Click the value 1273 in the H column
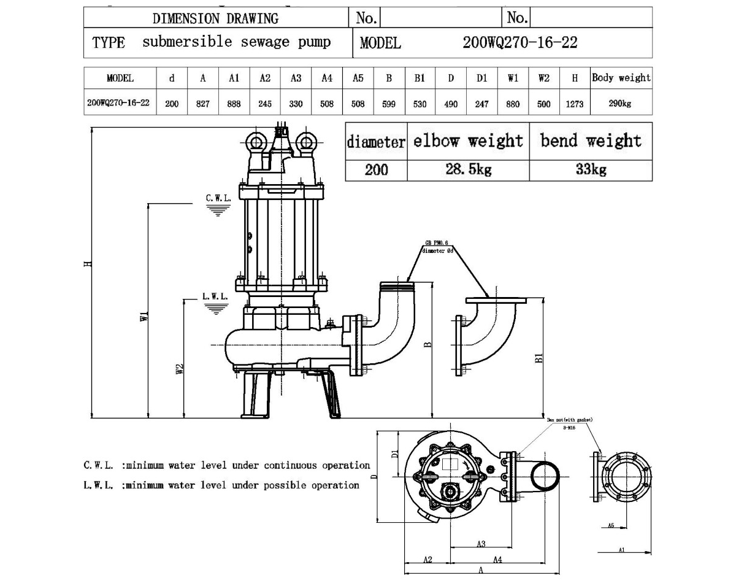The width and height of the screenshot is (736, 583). point(574,104)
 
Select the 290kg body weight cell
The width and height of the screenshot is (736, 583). point(620,104)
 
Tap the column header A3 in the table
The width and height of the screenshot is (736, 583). point(296,78)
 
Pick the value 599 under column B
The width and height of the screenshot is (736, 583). point(389,104)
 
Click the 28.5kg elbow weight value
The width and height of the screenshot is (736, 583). point(468,169)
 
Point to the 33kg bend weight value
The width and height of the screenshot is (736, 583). point(591,169)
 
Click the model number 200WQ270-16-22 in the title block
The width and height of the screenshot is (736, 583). point(520,42)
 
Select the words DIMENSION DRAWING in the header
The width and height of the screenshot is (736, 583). point(215,18)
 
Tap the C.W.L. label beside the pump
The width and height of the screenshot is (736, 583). point(218,198)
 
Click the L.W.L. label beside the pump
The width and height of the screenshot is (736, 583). point(215,296)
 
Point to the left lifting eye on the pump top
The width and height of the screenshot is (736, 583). point(256,142)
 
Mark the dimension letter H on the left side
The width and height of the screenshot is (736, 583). point(88,263)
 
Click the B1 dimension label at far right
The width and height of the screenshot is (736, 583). point(539,357)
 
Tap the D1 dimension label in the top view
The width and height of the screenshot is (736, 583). point(395,454)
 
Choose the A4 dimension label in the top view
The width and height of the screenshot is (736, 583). point(498,559)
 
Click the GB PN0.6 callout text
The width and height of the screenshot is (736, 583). point(436,243)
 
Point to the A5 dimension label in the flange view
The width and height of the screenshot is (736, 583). point(611,526)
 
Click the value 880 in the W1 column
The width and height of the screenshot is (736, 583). point(512,104)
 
